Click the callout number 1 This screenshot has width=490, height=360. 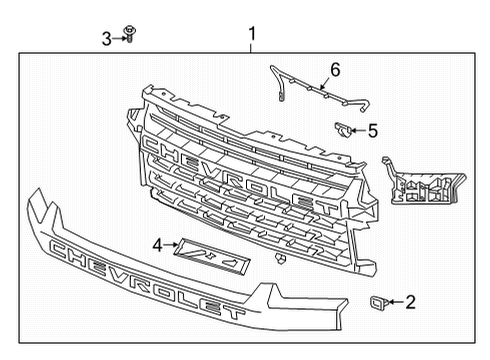pos(251,33)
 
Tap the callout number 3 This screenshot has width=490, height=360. pos(107,38)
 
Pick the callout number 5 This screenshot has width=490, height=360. pos(372,129)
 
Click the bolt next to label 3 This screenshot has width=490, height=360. pos(130,37)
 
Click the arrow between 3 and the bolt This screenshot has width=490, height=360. pos(118,38)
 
